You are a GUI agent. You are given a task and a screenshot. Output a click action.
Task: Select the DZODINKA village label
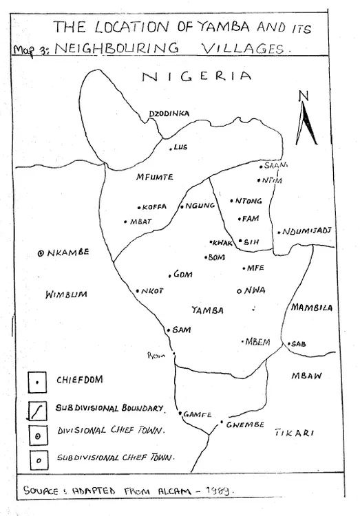click(169, 114)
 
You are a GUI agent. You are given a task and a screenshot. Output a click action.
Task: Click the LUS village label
click(181, 147)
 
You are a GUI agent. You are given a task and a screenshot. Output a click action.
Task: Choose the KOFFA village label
click(155, 206)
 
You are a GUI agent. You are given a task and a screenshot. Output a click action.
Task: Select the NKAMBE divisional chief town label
click(69, 252)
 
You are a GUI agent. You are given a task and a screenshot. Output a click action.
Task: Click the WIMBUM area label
click(66, 294)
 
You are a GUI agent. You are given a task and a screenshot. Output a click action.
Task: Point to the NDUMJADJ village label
click(306, 231)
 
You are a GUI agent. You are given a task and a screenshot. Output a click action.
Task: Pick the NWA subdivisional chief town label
click(255, 290)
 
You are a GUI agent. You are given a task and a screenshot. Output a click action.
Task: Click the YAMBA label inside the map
click(207, 310)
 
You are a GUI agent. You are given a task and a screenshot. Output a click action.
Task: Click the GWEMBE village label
click(245, 424)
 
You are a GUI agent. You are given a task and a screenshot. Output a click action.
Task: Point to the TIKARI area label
click(295, 433)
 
